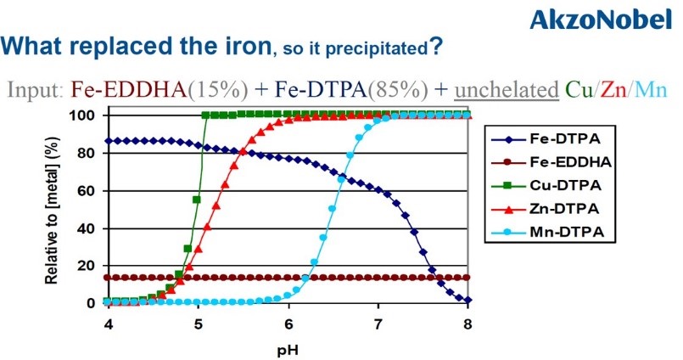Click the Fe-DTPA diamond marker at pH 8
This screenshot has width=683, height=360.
click(467, 301)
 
